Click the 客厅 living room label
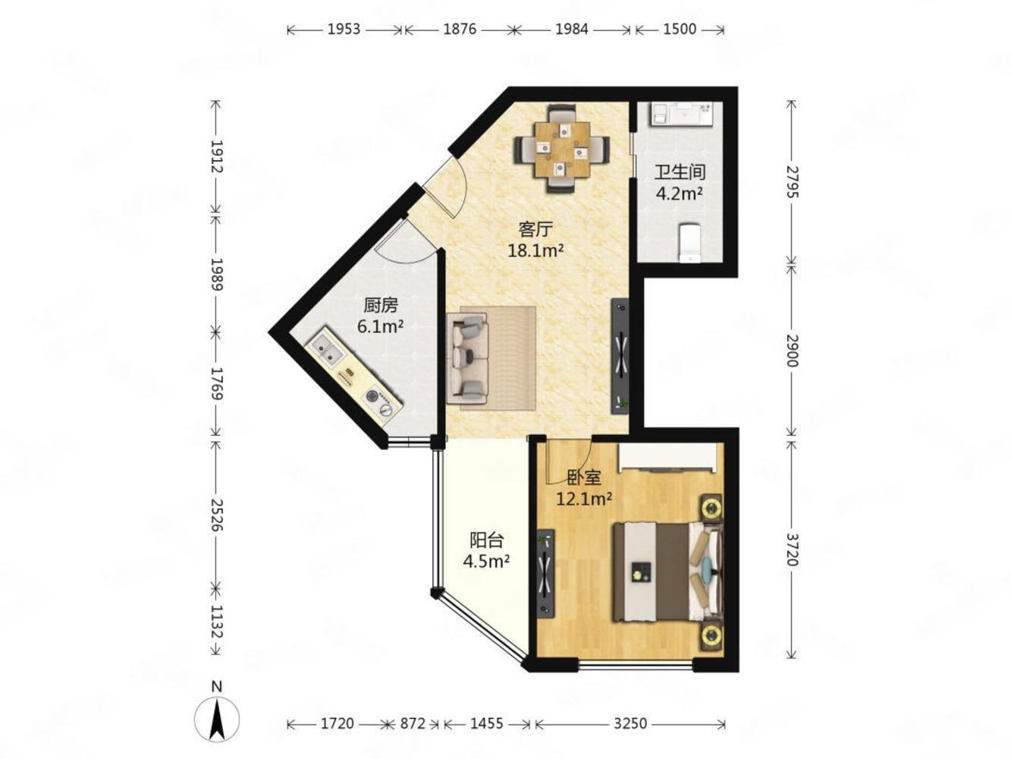pyautogui.click(x=535, y=228)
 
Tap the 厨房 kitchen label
pyautogui.click(x=381, y=305)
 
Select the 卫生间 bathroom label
pyautogui.click(x=680, y=172)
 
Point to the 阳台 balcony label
pyautogui.click(x=486, y=540)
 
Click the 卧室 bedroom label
pyautogui.click(x=583, y=478)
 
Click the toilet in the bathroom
pyautogui.click(x=689, y=243)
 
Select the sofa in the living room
pyautogui.click(x=467, y=359)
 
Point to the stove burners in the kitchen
pyautogui.click(x=379, y=402)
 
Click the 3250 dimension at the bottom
pyautogui.click(x=630, y=723)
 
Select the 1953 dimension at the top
pyautogui.click(x=344, y=30)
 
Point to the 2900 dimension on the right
pyautogui.click(x=791, y=351)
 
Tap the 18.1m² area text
pyautogui.click(x=535, y=250)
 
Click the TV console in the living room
pyautogui.click(x=620, y=356)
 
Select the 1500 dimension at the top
pyautogui.click(x=680, y=30)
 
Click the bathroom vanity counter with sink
pyautogui.click(x=682, y=113)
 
